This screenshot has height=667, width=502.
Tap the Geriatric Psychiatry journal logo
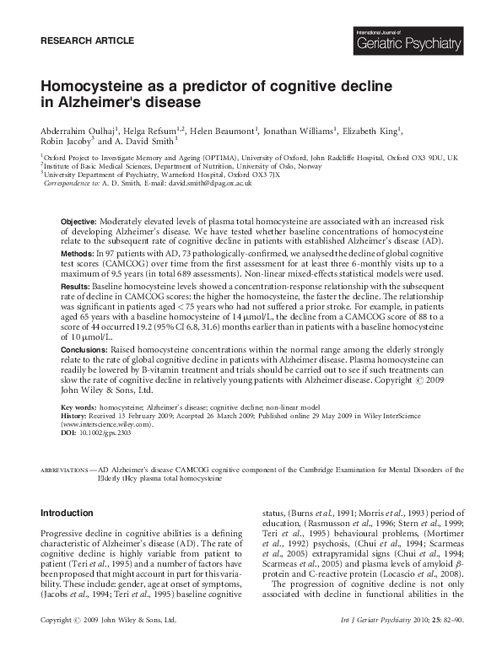click(408, 39)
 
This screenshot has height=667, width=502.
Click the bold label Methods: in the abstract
click(78, 253)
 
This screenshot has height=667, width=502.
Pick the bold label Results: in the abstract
click(77, 286)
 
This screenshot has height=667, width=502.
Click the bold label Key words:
click(79, 407)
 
